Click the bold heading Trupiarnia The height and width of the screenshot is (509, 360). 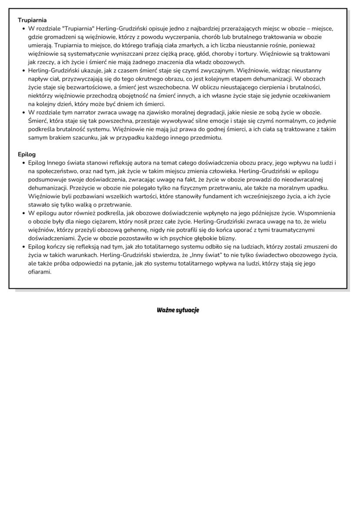(x=32, y=20)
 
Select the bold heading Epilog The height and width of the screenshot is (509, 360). (x=27, y=154)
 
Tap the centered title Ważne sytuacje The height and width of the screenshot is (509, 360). (x=178, y=310)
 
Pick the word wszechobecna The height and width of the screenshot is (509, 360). (x=168, y=87)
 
